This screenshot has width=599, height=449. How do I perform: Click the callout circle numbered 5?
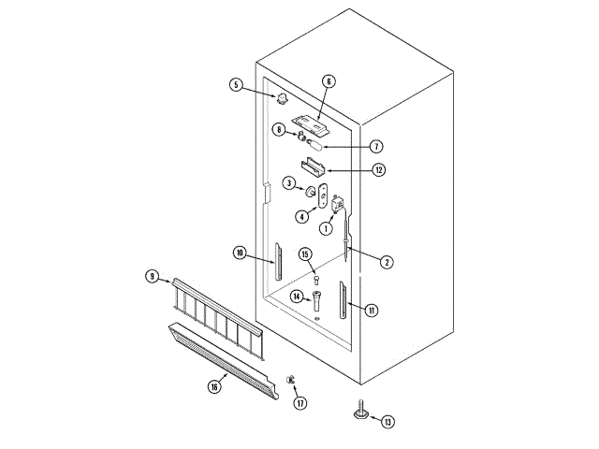237,84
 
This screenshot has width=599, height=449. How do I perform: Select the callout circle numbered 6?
329,81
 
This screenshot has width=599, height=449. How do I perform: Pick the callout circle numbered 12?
378,170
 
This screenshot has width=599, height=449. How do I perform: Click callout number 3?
289,182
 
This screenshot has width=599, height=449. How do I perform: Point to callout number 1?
327,227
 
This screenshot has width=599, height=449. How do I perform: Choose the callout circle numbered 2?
386,262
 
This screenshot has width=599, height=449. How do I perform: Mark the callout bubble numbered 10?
240,253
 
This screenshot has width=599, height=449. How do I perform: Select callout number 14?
296,297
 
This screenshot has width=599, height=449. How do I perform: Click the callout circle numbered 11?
372,310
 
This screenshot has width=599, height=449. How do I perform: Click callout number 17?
300,403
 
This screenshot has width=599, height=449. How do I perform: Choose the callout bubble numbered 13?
388,422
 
